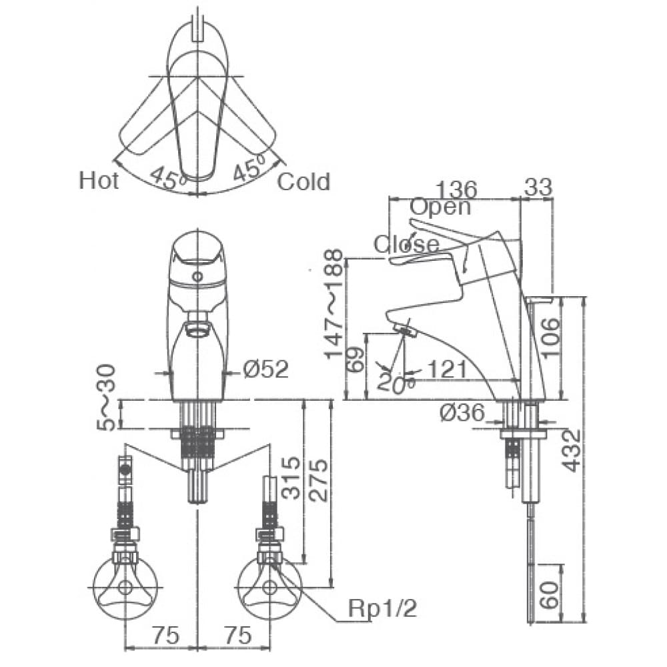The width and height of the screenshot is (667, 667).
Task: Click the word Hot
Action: (x=99, y=180)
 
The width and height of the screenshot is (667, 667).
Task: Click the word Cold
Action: (x=303, y=181)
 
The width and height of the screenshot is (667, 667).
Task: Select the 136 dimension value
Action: (x=456, y=189)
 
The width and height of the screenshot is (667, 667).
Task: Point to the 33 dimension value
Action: (x=538, y=188)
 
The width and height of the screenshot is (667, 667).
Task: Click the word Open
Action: (x=440, y=207)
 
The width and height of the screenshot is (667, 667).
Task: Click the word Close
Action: (x=406, y=244)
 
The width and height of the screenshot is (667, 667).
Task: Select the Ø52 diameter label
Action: (x=265, y=369)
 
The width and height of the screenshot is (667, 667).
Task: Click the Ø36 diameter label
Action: (x=462, y=414)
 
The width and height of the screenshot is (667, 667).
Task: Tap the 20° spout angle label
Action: (x=396, y=383)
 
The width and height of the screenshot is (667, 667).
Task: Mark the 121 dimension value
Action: (x=448, y=368)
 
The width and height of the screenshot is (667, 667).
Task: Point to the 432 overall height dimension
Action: (x=572, y=450)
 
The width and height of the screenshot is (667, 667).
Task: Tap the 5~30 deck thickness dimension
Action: (x=107, y=397)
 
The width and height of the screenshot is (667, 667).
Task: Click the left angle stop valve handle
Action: (x=125, y=588)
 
